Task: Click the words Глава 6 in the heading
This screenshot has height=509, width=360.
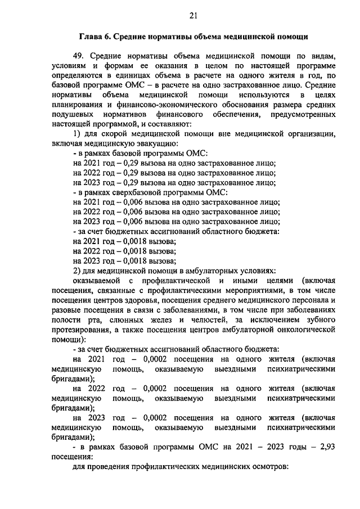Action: [x=93, y=37]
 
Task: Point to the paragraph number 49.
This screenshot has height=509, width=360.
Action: [x=79, y=56]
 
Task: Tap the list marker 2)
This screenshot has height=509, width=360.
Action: [x=78, y=270]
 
